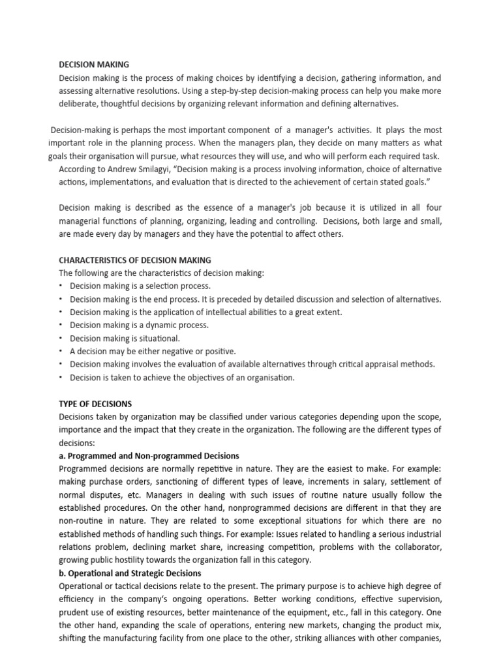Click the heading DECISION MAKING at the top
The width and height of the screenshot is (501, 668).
[x=94, y=65]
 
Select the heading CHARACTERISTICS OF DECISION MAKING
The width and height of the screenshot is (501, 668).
[x=135, y=260]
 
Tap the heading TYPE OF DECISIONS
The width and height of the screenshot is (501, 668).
[x=95, y=404]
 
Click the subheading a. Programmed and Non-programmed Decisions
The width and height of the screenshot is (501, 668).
[x=149, y=455]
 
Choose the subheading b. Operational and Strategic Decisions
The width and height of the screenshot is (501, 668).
[x=130, y=573]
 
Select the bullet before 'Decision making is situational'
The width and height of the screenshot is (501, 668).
[x=61, y=338]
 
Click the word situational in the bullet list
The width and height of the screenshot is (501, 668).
[x=156, y=338]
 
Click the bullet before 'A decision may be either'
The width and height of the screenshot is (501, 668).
[x=61, y=351]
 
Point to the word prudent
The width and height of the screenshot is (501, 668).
[x=74, y=612]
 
